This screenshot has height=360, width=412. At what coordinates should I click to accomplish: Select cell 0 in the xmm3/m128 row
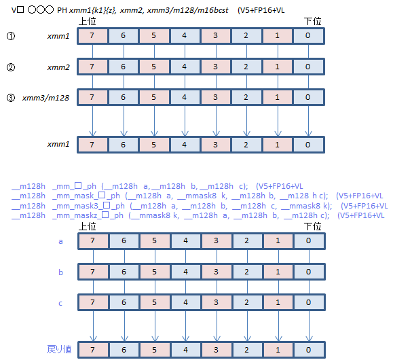[308, 97]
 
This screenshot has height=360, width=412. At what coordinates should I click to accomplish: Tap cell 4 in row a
[186, 240]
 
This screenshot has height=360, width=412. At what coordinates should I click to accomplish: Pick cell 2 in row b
[247, 272]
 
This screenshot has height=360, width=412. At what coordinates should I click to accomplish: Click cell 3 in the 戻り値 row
[217, 349]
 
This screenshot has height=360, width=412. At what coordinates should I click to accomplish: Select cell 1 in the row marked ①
[278, 35]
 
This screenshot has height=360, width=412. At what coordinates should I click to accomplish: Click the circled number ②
[10, 67]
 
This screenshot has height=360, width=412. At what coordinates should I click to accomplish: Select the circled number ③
[10, 97]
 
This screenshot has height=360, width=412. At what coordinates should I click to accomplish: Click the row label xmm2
[58, 67]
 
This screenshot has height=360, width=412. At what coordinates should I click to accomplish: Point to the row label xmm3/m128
[46, 97]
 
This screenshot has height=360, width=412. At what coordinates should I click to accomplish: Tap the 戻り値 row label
[58, 349]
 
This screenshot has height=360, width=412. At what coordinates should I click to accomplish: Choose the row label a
[61, 240]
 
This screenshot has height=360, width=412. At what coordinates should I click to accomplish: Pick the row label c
[61, 302]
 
